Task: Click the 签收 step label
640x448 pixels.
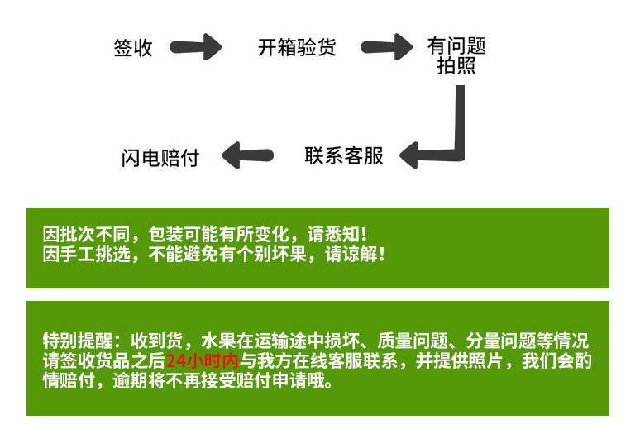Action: pyautogui.click(x=133, y=48)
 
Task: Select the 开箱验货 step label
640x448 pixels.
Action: pyautogui.click(x=297, y=47)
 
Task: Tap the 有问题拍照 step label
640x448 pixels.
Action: pyautogui.click(x=456, y=55)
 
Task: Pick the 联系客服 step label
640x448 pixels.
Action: pyautogui.click(x=344, y=155)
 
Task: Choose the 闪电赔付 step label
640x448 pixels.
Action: pyautogui.click(x=160, y=157)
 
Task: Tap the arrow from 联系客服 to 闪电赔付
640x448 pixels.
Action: pyautogui.click(x=250, y=154)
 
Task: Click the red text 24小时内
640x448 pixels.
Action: pyautogui.click(x=203, y=361)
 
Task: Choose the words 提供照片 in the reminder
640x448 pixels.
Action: pyautogui.click(x=477, y=361)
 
